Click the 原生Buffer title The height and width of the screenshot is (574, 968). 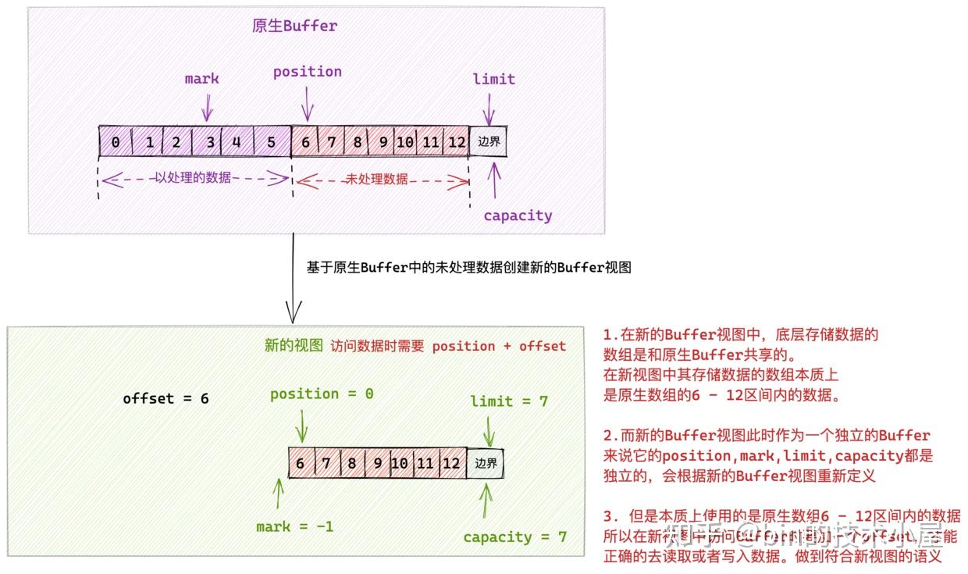(x=294, y=26)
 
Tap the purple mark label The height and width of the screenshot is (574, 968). (x=202, y=79)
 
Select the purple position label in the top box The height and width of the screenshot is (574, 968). (x=307, y=72)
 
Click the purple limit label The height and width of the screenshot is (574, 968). (x=493, y=79)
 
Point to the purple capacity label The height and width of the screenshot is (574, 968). (x=518, y=216)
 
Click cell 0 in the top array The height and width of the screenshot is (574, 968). (x=116, y=142)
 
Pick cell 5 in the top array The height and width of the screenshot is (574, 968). (x=271, y=142)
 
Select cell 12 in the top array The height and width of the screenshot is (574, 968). (x=456, y=142)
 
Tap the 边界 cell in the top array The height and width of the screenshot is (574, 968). (x=489, y=142)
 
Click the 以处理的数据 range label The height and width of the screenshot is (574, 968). (x=193, y=178)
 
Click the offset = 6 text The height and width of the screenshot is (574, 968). (x=165, y=398)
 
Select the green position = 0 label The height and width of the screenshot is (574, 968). (x=322, y=394)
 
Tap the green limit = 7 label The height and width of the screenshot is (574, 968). (x=509, y=401)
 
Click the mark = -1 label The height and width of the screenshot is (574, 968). (x=294, y=527)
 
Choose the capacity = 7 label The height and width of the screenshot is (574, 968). (x=514, y=537)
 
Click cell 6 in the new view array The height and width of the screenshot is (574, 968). (x=300, y=463)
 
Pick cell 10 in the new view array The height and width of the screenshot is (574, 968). (x=400, y=463)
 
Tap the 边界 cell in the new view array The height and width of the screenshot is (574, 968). (x=486, y=463)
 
